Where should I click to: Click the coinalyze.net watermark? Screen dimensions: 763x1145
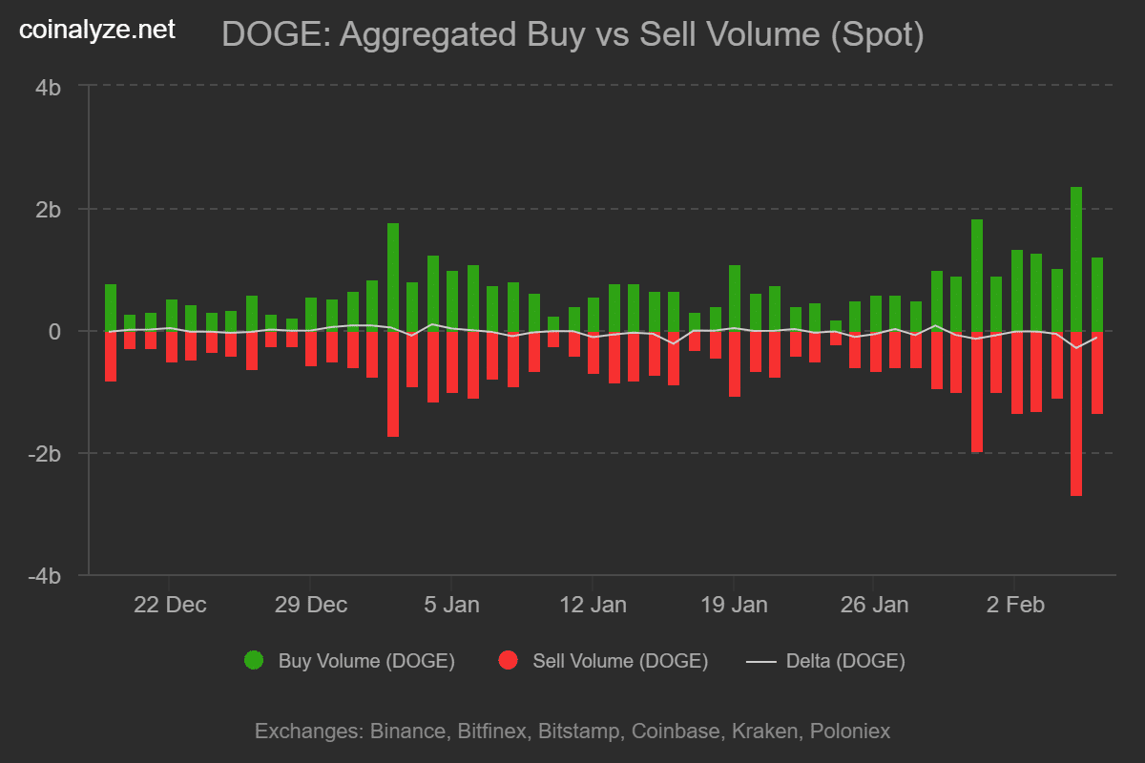97,30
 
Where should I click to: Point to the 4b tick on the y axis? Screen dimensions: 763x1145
49,87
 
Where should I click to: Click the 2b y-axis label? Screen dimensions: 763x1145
49,209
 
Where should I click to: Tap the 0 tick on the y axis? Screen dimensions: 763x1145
55,331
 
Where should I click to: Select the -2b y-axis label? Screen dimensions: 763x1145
45,453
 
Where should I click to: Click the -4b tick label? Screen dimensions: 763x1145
45,576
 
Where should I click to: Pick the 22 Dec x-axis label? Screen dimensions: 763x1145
169,605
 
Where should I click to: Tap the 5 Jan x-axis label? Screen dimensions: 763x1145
450,605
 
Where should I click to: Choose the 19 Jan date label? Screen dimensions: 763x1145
733,605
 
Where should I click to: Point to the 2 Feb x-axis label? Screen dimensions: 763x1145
1014,605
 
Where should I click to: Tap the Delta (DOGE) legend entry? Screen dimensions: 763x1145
844,660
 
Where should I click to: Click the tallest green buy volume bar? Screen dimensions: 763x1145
1076,258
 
